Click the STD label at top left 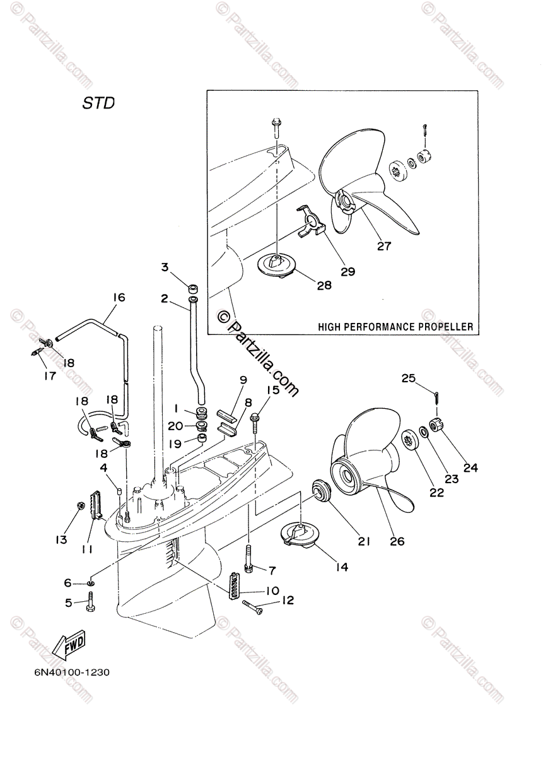(x=98, y=103)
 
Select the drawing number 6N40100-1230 (x=73, y=672)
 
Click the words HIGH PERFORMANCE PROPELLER (x=395, y=327)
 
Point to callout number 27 (x=385, y=247)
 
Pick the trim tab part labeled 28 (x=280, y=263)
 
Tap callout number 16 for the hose (x=119, y=298)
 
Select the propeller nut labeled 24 (x=435, y=424)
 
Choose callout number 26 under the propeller (x=397, y=541)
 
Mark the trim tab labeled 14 (x=298, y=534)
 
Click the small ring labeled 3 (x=194, y=288)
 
